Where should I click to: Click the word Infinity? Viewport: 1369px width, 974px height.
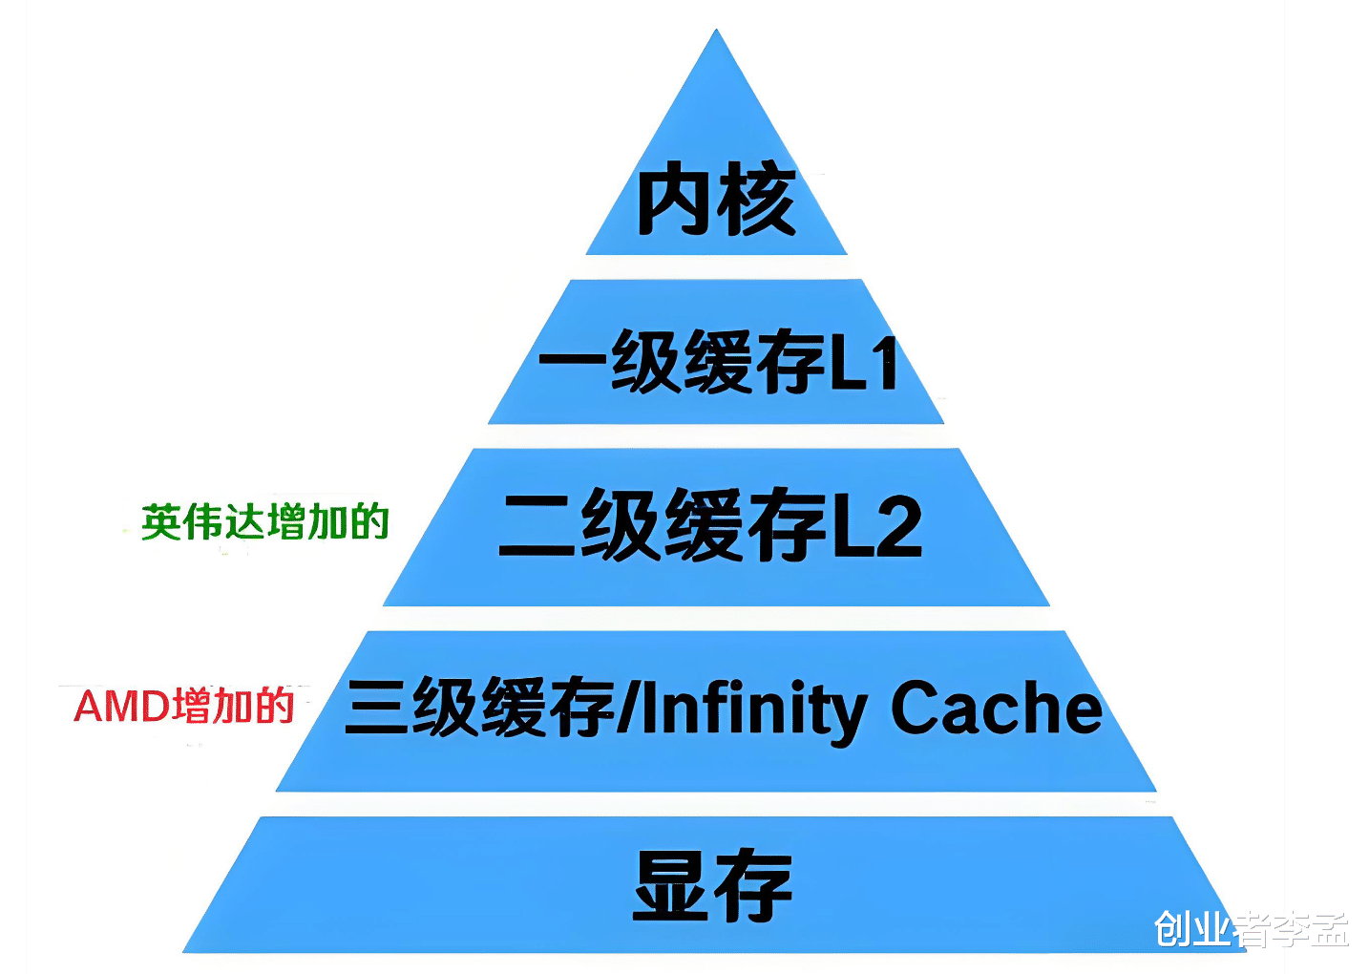(x=752, y=709)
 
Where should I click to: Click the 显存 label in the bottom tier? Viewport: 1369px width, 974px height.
(x=713, y=885)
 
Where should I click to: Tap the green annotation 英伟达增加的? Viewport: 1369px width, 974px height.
(x=265, y=522)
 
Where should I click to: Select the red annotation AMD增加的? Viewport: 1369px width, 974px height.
(x=184, y=707)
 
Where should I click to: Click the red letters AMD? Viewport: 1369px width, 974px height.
(x=122, y=707)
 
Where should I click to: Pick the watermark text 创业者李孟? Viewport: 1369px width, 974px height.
(x=1251, y=928)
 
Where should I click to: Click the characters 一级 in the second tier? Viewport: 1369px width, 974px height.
(x=608, y=362)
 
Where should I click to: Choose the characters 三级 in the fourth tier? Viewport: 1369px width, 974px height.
(x=411, y=709)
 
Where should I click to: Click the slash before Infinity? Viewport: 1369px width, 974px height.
(x=627, y=709)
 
